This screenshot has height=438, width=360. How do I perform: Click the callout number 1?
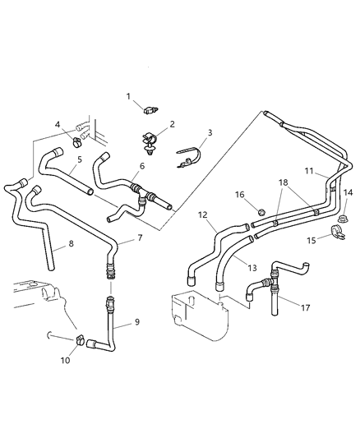tap(128, 96)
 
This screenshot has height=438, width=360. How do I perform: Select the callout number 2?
tap(173, 124)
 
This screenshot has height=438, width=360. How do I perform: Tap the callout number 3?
tap(210, 132)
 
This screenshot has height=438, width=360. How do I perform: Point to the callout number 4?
tap(57, 125)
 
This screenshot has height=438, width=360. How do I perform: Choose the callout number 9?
tap(137, 322)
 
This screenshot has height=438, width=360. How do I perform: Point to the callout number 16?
tap(239, 195)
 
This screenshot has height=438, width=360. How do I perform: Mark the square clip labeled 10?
tap(81, 339)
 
